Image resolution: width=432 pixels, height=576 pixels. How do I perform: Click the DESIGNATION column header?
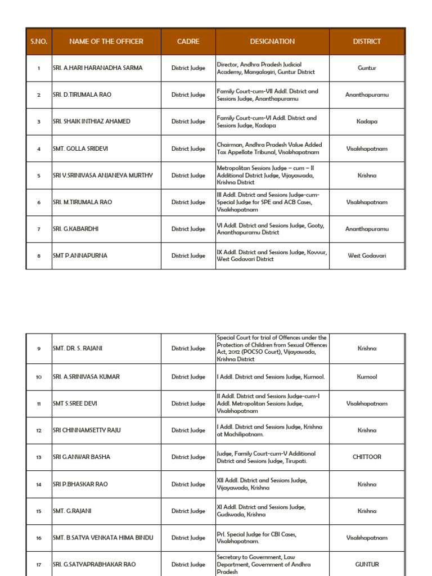point(272,41)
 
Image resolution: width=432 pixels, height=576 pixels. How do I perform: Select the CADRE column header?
point(188,41)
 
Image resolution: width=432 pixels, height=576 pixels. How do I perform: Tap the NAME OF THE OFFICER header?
point(106,41)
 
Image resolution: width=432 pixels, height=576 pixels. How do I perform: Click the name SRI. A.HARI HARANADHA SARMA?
point(98,68)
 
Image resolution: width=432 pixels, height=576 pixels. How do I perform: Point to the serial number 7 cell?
point(39,229)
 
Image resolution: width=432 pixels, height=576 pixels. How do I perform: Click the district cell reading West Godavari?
point(367,256)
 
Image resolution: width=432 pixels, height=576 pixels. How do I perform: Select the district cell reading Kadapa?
point(367,121)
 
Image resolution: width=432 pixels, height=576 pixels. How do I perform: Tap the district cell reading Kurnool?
point(367,377)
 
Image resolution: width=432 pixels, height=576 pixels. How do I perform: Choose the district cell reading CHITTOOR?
point(367,457)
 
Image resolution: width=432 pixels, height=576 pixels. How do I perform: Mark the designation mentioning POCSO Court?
point(272,349)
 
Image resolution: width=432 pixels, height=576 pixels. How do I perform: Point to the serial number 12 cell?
point(39,431)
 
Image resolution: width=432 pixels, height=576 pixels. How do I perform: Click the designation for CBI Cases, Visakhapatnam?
point(257,538)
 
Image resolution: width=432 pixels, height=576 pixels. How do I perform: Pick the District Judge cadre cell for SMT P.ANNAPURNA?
point(188,256)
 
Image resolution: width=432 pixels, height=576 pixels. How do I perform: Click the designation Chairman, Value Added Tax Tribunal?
point(269,149)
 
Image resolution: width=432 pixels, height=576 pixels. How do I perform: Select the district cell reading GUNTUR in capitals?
point(367,565)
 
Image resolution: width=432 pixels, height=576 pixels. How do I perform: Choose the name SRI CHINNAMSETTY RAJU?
point(87,431)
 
